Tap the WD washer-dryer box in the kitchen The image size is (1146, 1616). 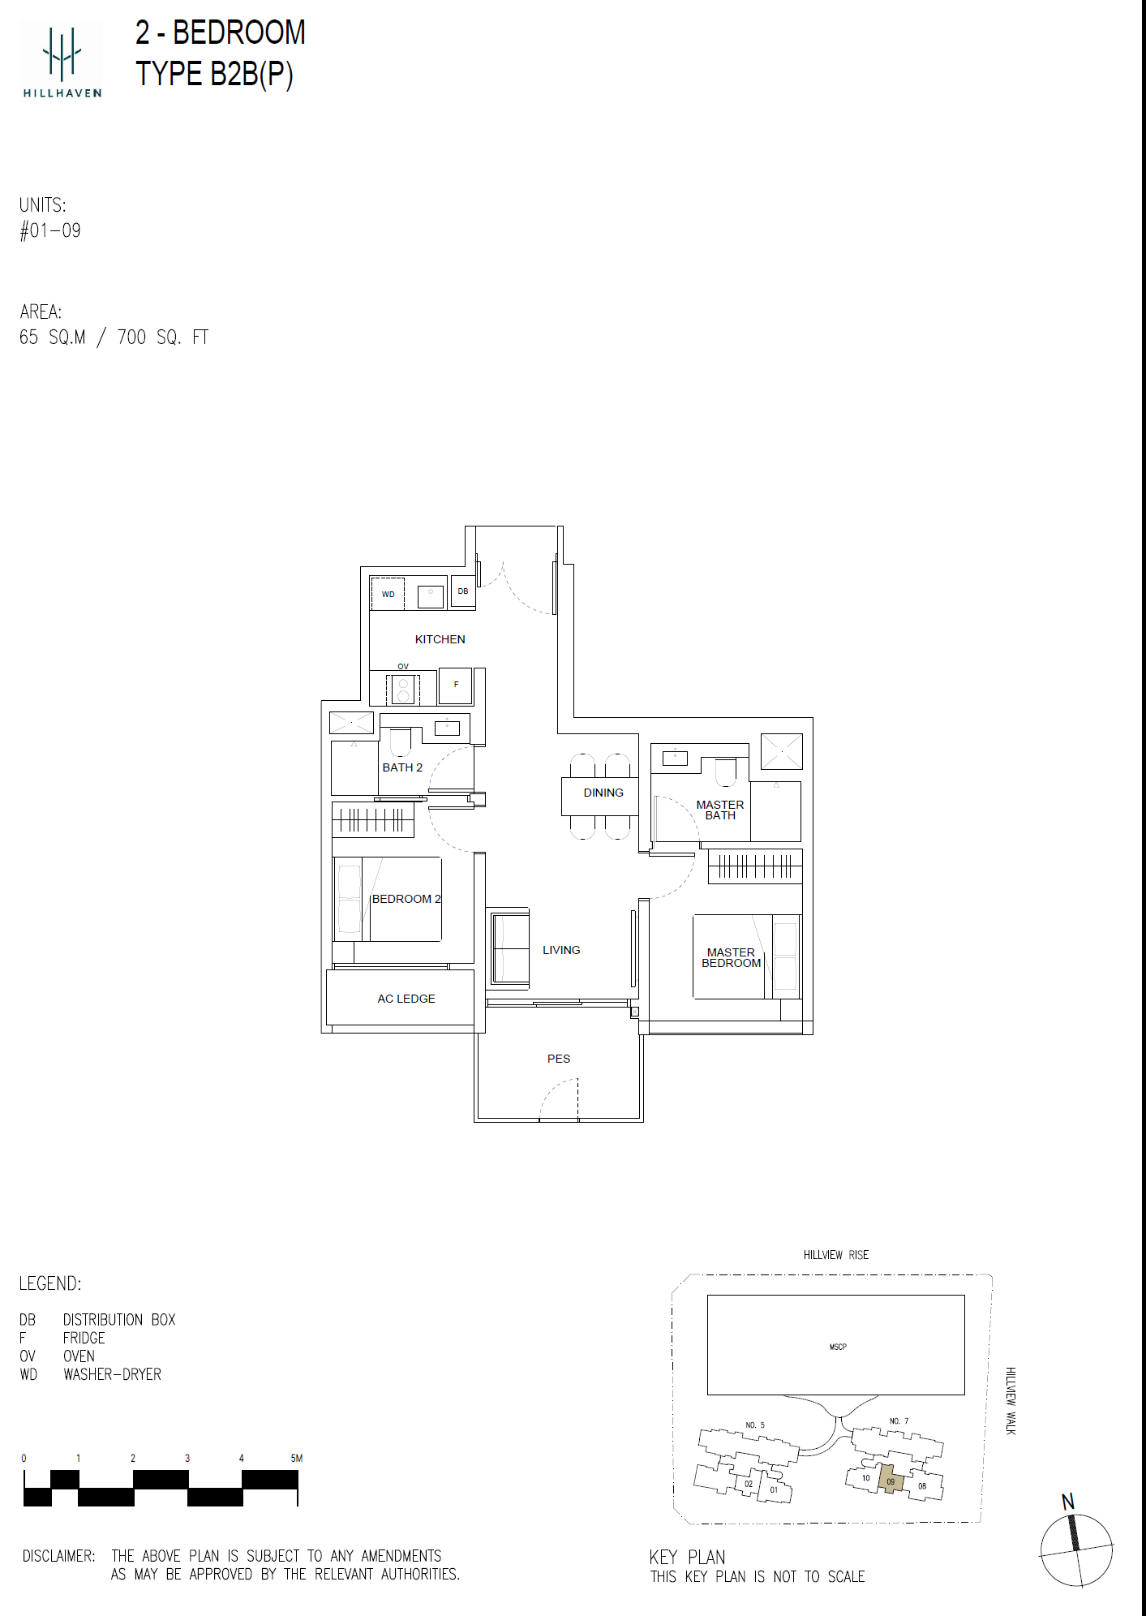tap(387, 593)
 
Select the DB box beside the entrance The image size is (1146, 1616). tap(462, 591)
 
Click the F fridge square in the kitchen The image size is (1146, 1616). tap(456, 686)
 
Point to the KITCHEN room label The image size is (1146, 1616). tap(440, 639)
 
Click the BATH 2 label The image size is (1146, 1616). tap(402, 767)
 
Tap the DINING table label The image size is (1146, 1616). tap(603, 793)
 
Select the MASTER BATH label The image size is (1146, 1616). tap(720, 810)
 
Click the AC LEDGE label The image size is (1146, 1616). tap(406, 999)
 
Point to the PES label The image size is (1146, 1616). tap(559, 1059)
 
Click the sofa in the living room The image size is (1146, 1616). tap(510, 948)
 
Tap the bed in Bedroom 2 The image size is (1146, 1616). tap(388, 899)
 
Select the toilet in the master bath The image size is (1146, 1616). tap(725, 772)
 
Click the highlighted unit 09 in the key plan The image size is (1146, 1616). tap(891, 1479)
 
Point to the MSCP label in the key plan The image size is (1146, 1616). tap(838, 1347)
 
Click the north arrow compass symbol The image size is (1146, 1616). tap(1076, 1550)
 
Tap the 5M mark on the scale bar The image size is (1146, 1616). tap(297, 1458)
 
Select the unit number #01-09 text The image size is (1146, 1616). tap(50, 230)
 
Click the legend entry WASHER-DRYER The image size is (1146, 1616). tap(112, 1374)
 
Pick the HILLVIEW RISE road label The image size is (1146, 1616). tap(836, 1255)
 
